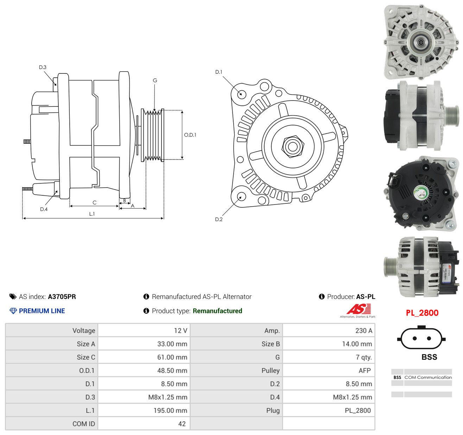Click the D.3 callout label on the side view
pos(43,67)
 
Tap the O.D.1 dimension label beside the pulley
pos(190,135)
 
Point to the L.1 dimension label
pos(92,214)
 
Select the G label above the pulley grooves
pos(155,80)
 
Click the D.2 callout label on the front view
pos(218,219)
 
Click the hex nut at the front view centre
pos(293,147)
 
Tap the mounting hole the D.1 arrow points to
pos(241,94)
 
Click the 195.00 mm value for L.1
pos(170,410)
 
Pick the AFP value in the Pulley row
pos(364,370)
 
